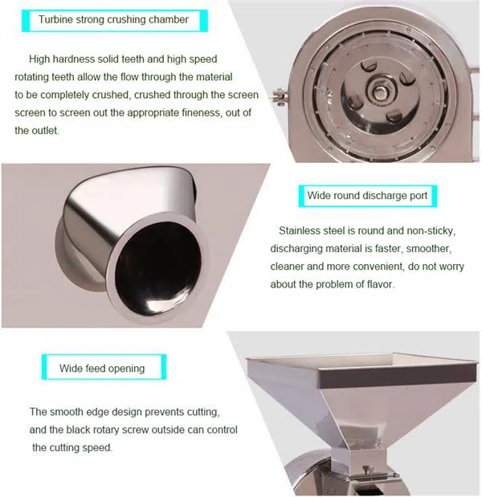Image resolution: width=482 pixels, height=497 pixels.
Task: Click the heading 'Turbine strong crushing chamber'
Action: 113,19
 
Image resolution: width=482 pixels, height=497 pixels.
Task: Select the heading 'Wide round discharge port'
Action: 367,196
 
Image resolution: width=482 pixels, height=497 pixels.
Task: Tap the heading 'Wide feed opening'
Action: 102,369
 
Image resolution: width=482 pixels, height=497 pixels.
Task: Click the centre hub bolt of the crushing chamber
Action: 379,92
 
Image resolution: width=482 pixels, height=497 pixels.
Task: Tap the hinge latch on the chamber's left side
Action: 280,96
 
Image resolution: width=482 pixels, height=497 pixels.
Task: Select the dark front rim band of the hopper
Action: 398,377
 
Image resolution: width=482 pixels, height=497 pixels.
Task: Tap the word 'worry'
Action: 451,267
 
